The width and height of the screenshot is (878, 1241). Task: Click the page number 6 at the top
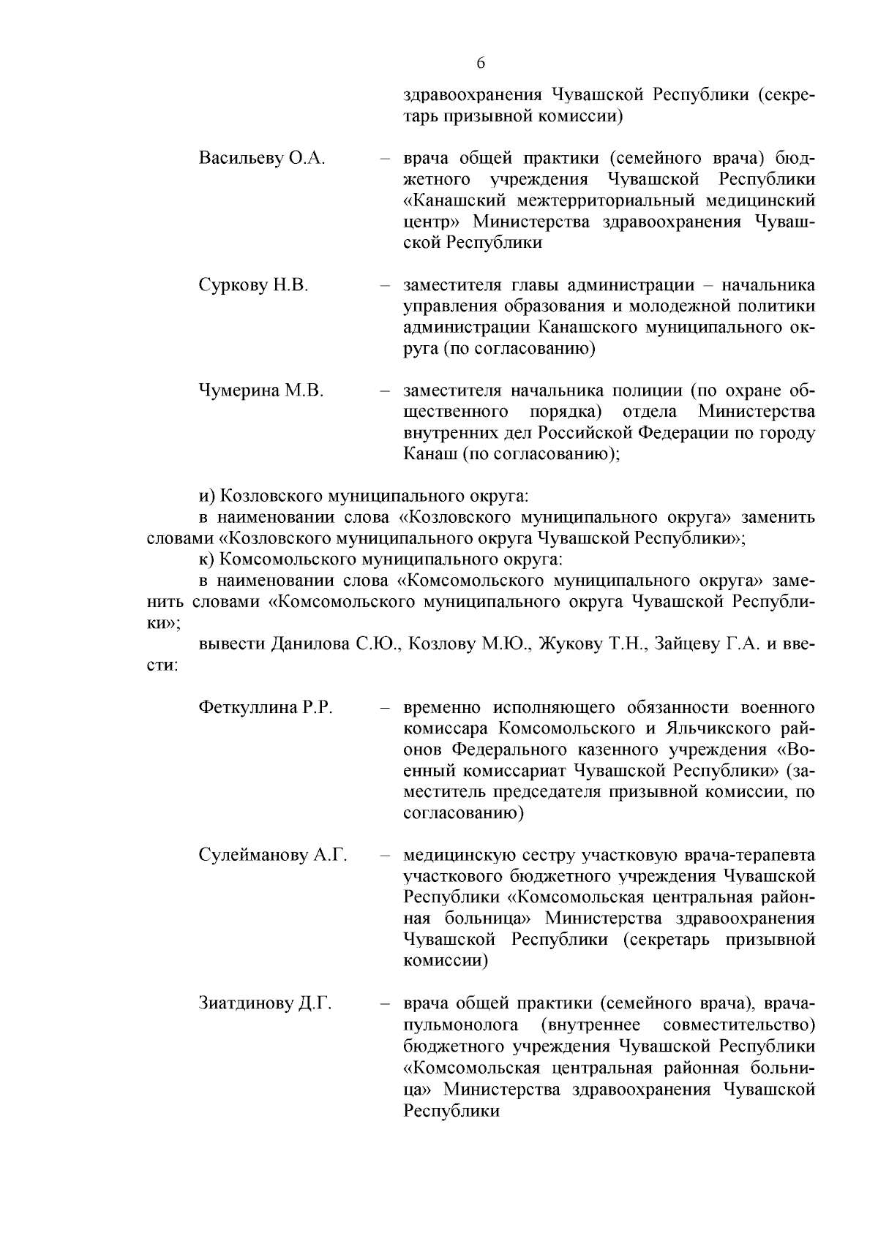pos(481,63)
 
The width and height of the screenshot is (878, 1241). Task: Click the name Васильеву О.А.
pos(261,159)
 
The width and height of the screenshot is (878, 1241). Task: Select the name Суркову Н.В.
pos(253,285)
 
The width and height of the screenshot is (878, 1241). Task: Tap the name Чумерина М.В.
pos(260,391)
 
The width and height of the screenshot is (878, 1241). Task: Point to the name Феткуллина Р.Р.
pos(266,708)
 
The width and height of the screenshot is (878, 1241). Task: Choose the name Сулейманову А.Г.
pos(272,856)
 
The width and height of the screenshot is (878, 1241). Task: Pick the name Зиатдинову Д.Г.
pos(265,1003)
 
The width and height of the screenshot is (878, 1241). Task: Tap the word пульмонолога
pos(461,1025)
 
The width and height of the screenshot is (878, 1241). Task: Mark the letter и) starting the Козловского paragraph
pos(207,497)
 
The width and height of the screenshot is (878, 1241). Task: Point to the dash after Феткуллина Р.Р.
pos(383,708)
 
